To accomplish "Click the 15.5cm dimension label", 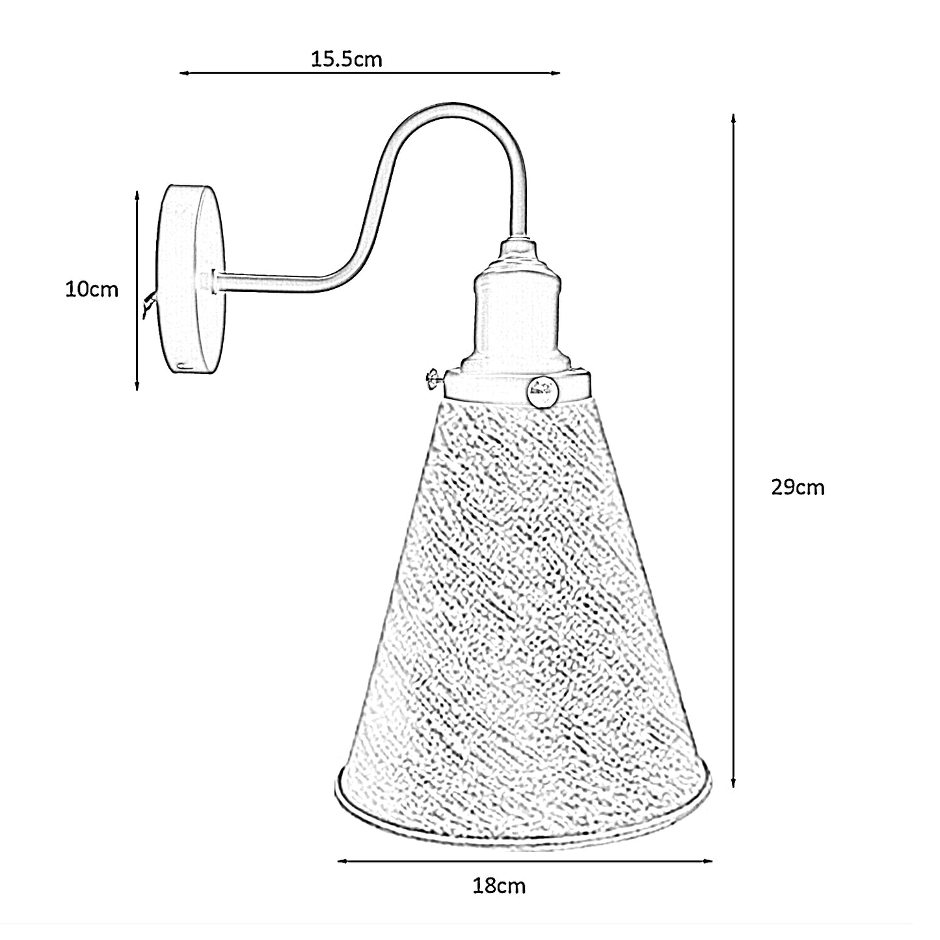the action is click(x=346, y=59).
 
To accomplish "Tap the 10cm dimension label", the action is click(x=92, y=289).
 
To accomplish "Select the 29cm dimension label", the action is click(x=798, y=488).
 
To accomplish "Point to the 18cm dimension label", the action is click(x=499, y=887).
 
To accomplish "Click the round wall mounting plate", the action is click(x=191, y=279).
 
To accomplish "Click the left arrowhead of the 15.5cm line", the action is click(x=183, y=74).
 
